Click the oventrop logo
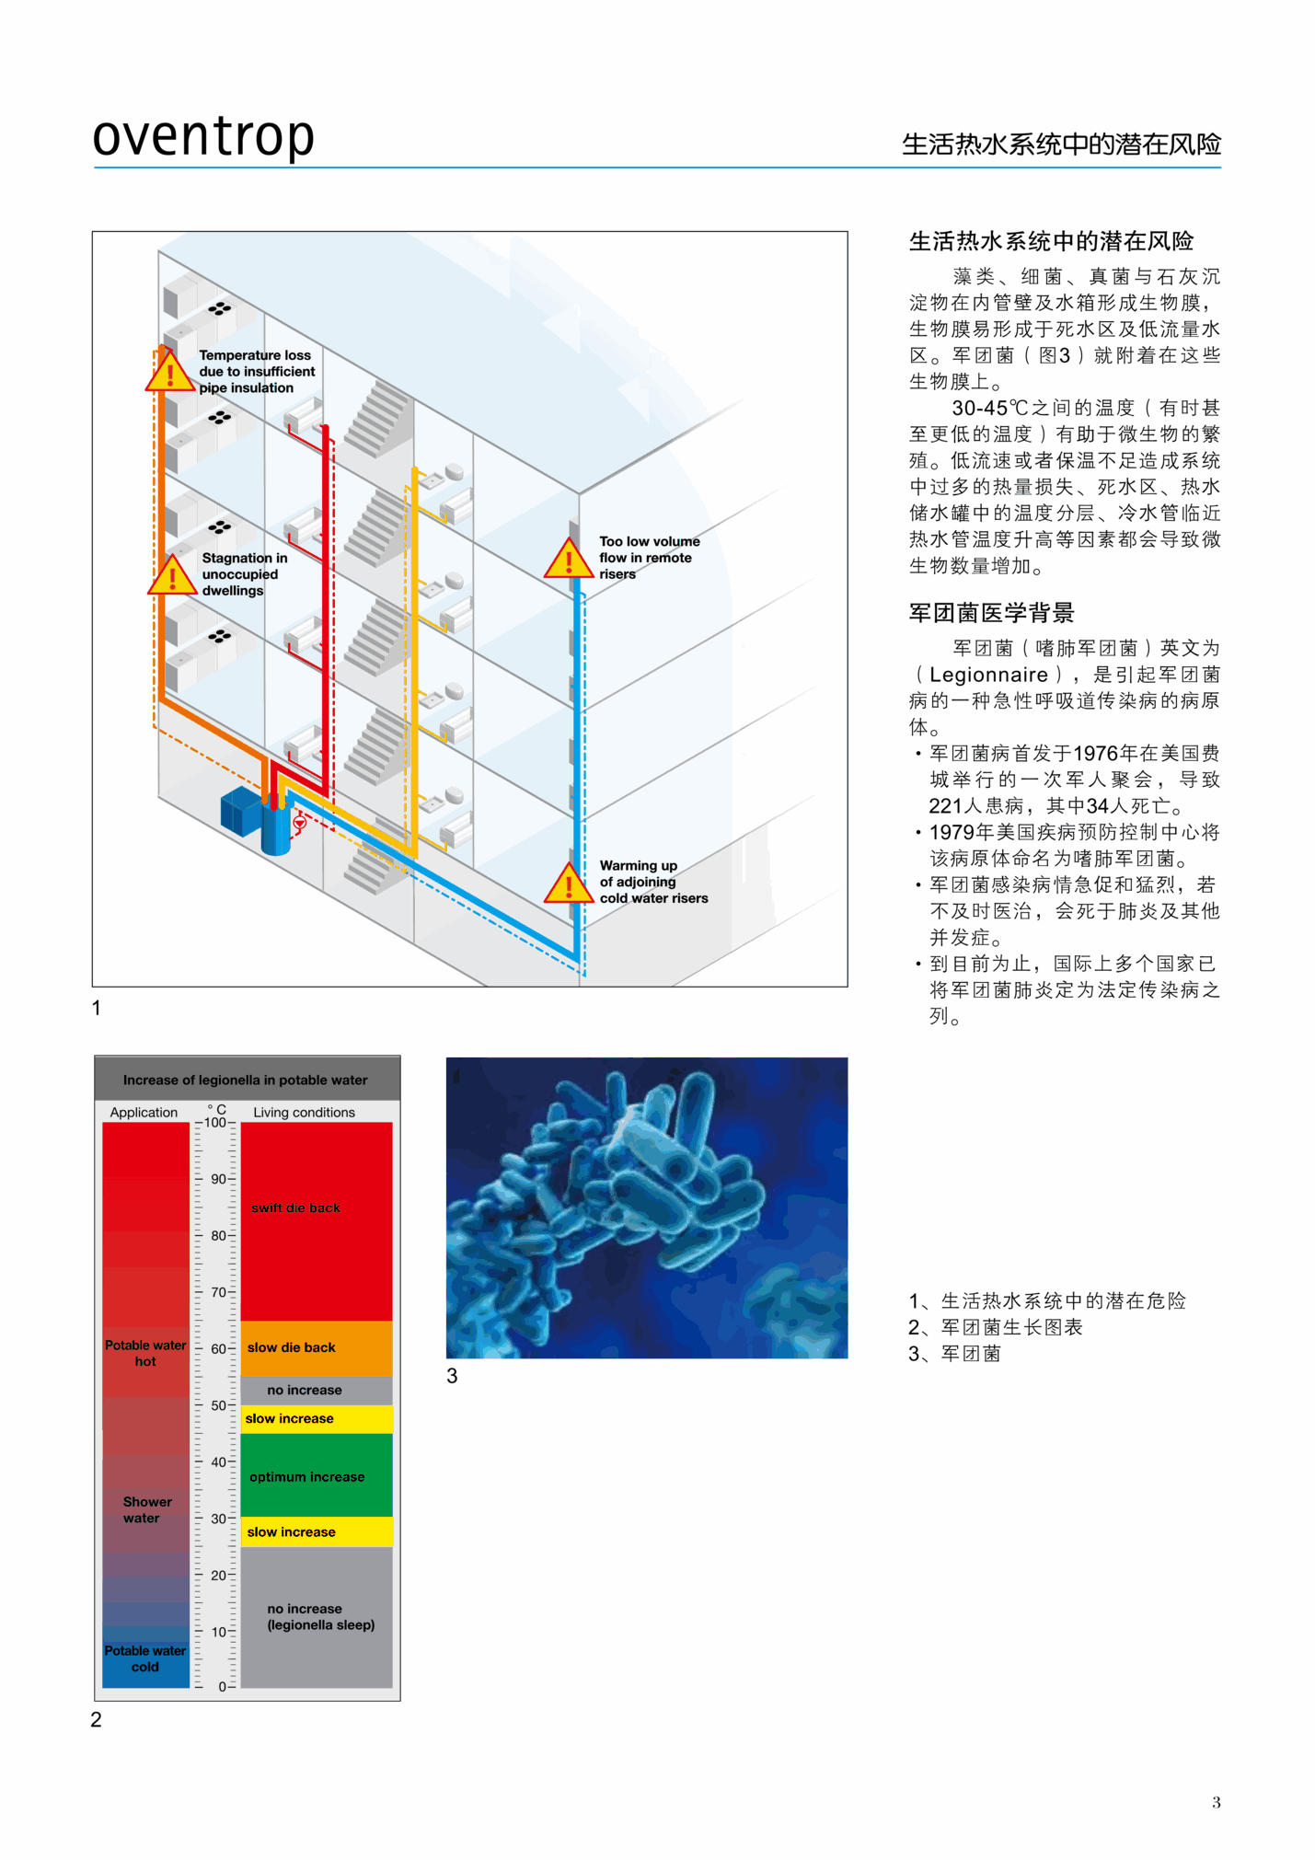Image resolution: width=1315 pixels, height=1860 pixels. (x=203, y=136)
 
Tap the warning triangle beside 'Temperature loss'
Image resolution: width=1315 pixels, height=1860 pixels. (x=169, y=372)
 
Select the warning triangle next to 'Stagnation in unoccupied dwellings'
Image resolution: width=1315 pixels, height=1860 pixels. (x=172, y=576)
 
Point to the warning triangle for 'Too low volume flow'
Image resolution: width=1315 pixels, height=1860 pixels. (x=568, y=559)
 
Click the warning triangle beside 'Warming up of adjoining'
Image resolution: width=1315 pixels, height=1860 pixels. (x=568, y=884)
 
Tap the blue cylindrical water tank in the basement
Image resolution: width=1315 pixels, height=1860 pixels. (x=275, y=828)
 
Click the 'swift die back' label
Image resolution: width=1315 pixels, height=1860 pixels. (x=295, y=1207)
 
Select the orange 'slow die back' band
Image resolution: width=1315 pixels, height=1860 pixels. (x=316, y=1347)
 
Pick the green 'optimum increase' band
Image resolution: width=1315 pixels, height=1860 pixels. (x=316, y=1475)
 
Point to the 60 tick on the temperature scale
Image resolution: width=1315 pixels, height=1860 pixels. (x=218, y=1348)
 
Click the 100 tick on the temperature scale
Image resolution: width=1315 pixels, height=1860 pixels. (x=215, y=1123)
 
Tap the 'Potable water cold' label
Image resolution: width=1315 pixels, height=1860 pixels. (x=145, y=1658)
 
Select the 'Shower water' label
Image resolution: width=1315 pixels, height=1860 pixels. (x=146, y=1509)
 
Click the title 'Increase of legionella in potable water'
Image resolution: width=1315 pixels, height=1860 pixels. (x=245, y=1080)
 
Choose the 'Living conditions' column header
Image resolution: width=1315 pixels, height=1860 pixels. (x=304, y=1112)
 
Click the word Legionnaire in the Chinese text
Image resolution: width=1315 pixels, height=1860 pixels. (x=988, y=675)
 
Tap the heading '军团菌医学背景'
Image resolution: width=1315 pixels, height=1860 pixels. (x=991, y=613)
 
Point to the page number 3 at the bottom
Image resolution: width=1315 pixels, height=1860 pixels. (x=1216, y=1802)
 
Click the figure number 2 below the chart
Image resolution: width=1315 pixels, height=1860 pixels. (x=97, y=1719)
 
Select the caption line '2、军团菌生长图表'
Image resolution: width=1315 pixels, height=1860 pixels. (x=995, y=1327)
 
